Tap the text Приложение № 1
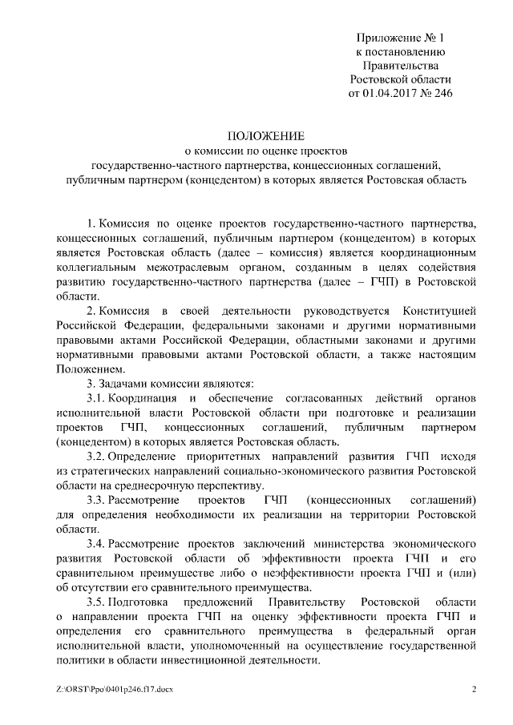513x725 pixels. pyautogui.click(x=401, y=37)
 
